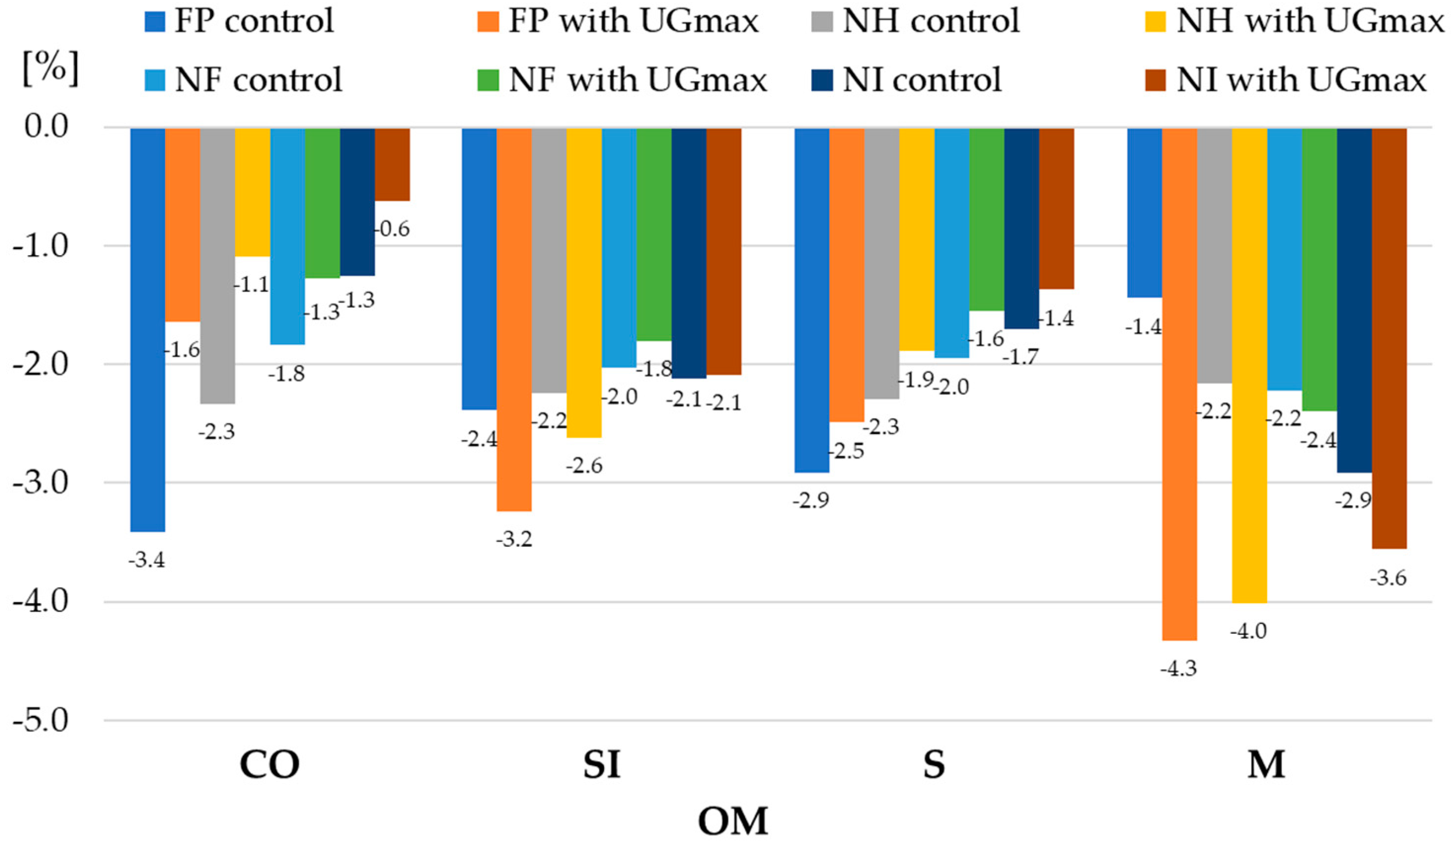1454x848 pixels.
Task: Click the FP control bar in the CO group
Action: tap(148, 329)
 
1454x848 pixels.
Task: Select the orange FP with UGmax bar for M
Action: tap(1179, 384)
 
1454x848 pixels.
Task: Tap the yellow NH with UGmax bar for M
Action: tap(1249, 365)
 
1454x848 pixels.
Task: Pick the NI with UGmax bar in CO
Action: tap(392, 164)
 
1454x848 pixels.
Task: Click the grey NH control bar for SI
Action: tap(549, 260)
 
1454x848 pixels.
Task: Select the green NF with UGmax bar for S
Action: tap(987, 219)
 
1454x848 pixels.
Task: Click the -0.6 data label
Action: tap(394, 229)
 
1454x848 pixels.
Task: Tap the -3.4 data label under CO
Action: tap(147, 560)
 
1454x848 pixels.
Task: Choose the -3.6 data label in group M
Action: tap(1388, 578)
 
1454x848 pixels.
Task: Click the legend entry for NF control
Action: tap(258, 79)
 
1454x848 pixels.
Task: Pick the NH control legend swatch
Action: tap(821, 22)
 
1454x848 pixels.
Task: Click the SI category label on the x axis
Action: tap(601, 765)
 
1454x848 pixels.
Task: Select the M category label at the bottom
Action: tap(1266, 765)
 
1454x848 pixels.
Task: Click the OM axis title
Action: tap(733, 821)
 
